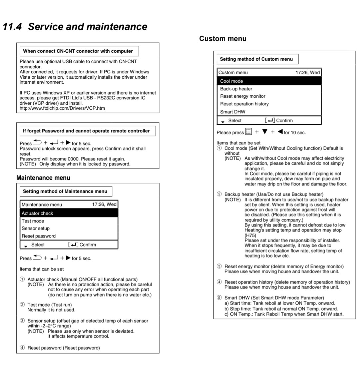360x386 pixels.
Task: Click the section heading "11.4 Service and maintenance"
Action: click(x=75, y=27)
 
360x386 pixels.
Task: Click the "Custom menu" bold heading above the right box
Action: click(x=223, y=39)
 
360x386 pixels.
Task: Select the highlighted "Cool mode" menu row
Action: click(x=269, y=81)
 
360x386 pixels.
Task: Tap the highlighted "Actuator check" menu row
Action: click(x=69, y=213)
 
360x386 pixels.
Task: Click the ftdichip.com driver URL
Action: click(x=62, y=108)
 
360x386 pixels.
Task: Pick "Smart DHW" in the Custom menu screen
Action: click(x=233, y=112)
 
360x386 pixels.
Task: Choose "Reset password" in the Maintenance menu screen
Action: click(x=39, y=236)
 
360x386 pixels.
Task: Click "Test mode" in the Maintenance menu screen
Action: click(x=33, y=221)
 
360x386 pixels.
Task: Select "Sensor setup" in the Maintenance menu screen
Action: click(x=36, y=228)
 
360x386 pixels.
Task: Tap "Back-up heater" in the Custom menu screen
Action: click(x=236, y=89)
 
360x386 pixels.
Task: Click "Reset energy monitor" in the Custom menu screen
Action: click(x=243, y=96)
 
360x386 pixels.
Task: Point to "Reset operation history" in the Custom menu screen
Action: click(x=244, y=104)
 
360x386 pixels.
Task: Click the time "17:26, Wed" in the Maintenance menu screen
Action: click(x=104, y=204)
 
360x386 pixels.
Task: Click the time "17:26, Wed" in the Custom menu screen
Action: click(x=308, y=72)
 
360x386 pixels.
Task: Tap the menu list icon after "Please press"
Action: click(x=248, y=132)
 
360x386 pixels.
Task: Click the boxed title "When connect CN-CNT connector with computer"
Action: click(x=78, y=51)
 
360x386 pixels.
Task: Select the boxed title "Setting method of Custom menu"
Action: click(x=256, y=59)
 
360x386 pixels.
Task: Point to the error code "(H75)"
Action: click(x=250, y=235)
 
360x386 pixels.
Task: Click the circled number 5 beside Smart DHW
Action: click(x=219, y=298)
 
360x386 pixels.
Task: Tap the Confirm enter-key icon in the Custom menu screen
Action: click(x=270, y=120)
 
